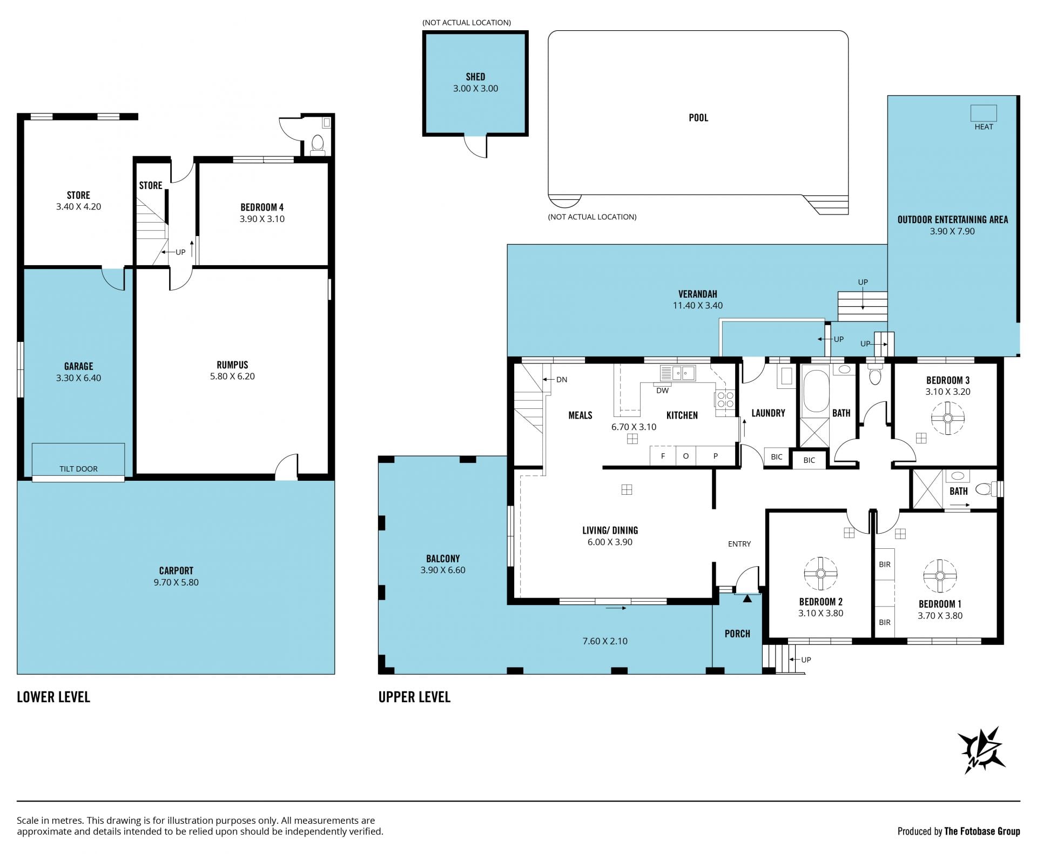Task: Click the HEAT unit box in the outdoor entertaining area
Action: [x=983, y=113]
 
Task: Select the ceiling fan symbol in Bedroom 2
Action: [x=820, y=573]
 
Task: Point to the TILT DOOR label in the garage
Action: [x=78, y=469]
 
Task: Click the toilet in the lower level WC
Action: [x=318, y=145]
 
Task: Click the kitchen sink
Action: [x=677, y=373]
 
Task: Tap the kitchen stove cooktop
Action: [x=724, y=399]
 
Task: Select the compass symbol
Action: [x=981, y=750]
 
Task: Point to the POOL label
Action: [x=698, y=118]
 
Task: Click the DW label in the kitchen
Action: [x=662, y=391]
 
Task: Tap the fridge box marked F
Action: [x=663, y=455]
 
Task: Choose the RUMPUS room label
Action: [x=232, y=365]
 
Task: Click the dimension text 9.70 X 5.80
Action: [x=176, y=582]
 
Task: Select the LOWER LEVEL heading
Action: [x=53, y=697]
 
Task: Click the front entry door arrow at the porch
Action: [x=747, y=598]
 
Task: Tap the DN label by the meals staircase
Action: [x=562, y=380]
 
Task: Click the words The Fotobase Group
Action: [x=982, y=831]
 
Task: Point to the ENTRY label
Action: [x=739, y=544]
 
